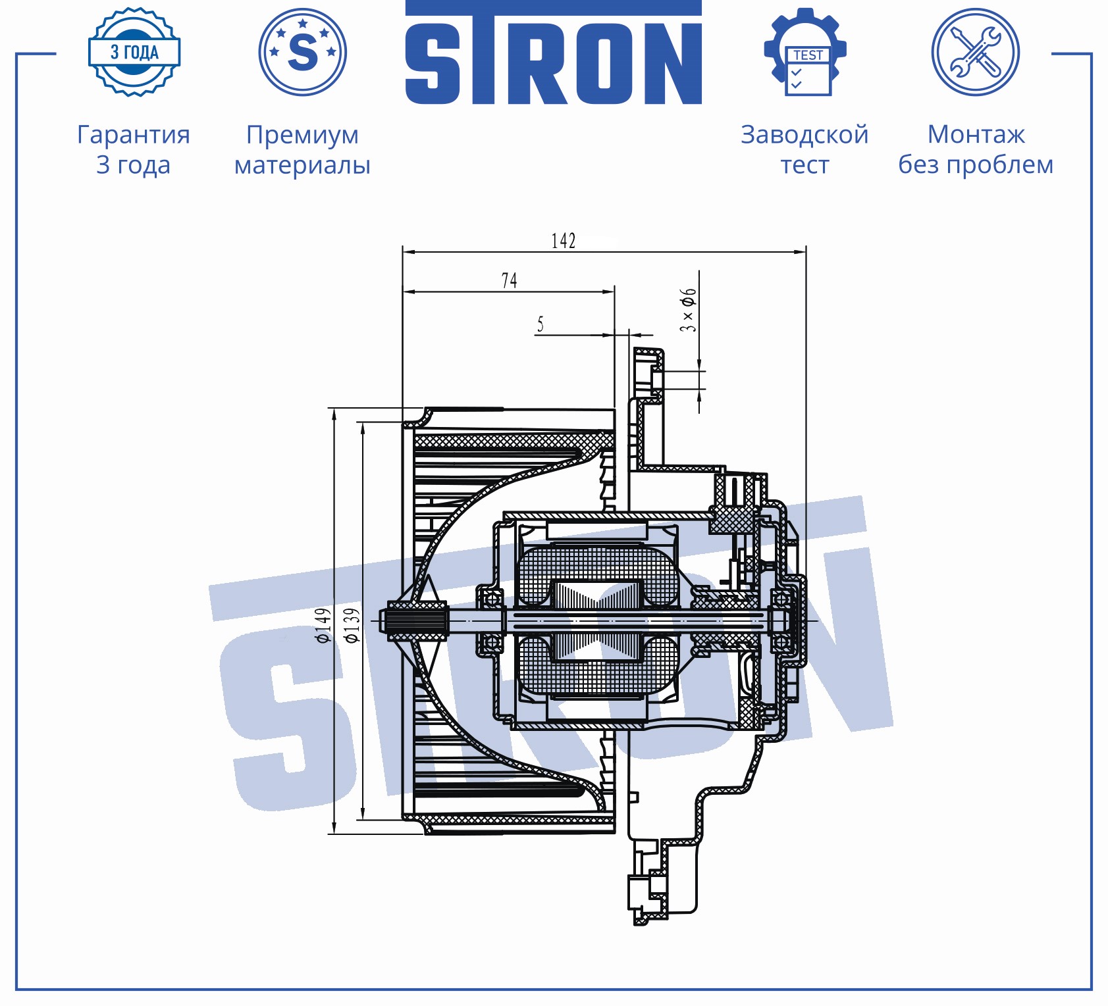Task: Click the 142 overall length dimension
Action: point(564,241)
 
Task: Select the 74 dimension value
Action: point(510,280)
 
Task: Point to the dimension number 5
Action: point(541,324)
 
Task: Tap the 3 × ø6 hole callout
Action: point(688,309)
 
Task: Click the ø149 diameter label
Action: point(323,625)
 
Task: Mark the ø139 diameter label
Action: point(352,625)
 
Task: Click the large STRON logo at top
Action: point(554,53)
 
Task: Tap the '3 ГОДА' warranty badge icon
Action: point(134,52)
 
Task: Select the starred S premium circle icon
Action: point(303,52)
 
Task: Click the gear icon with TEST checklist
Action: point(805,52)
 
